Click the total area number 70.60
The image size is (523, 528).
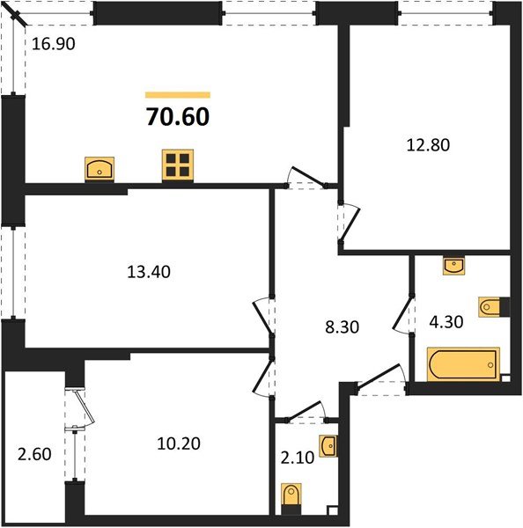177,117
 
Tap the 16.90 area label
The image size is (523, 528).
51,44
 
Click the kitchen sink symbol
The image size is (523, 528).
99,167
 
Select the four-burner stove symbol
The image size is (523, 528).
177,165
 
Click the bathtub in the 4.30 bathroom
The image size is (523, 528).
462,364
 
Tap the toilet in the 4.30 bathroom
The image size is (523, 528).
492,307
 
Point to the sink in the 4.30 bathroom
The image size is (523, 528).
453,265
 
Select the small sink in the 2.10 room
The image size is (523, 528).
328,446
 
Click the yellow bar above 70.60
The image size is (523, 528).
177,94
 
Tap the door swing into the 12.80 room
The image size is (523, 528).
349,224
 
